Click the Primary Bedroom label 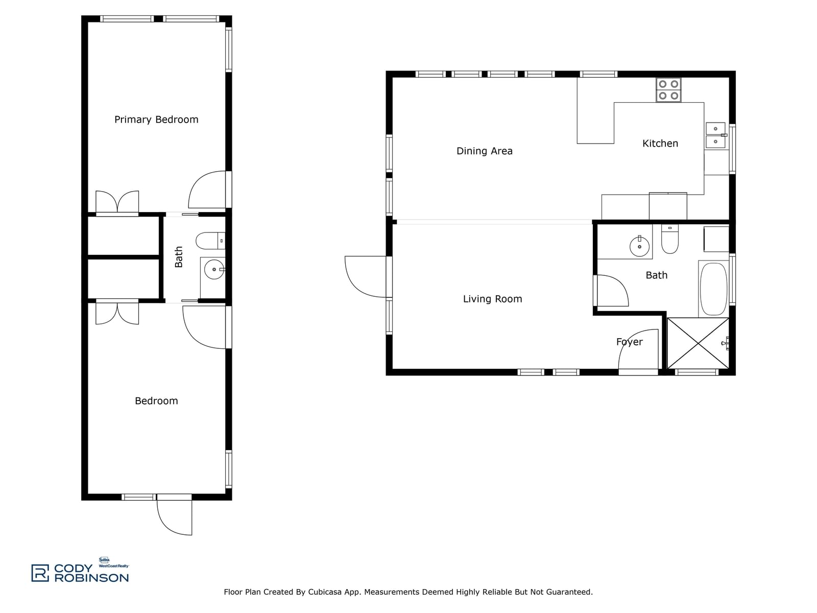[x=156, y=120]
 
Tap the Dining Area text [x=484, y=151]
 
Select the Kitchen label [x=660, y=144]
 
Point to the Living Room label [x=492, y=299]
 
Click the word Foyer [x=629, y=342]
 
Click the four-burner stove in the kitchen [x=668, y=90]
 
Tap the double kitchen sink [x=715, y=135]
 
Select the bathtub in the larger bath [x=713, y=289]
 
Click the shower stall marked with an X [x=698, y=343]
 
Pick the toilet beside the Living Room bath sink [x=669, y=239]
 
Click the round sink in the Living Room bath [x=639, y=246]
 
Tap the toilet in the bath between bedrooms [x=210, y=241]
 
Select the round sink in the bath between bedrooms [x=214, y=269]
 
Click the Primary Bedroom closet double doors [x=117, y=203]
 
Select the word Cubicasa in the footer [x=325, y=592]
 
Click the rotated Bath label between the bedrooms [x=179, y=257]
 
